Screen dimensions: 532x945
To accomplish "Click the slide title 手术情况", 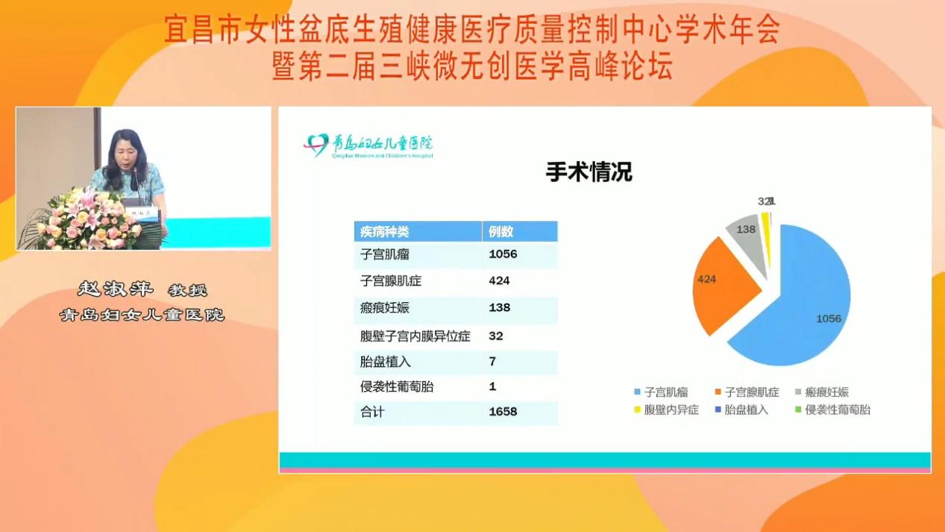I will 588,172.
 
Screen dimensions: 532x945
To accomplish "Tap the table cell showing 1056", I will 503,254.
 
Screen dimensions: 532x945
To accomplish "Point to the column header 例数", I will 501,231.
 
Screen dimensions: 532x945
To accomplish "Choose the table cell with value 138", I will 500,307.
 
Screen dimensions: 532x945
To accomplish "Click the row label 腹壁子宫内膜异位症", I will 415,336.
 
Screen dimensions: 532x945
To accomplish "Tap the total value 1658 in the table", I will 503,411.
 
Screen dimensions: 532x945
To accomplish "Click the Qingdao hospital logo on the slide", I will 369,145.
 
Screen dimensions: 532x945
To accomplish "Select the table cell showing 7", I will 492,362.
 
